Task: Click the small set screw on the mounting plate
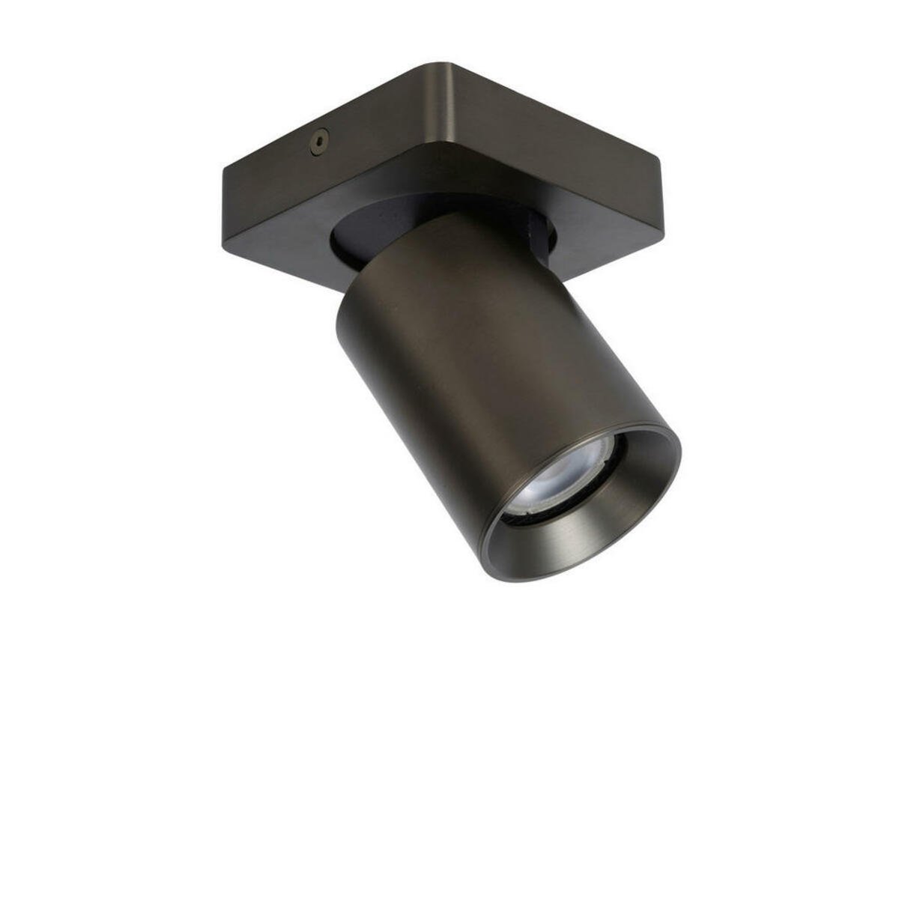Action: (320, 139)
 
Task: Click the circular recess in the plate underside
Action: (352, 225)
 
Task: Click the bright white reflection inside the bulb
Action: (551, 479)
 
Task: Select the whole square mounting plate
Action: (442, 172)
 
